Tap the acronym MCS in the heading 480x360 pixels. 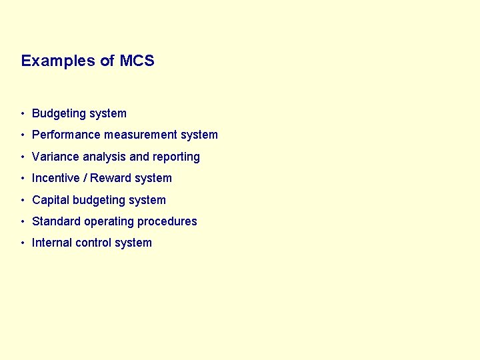[x=137, y=61]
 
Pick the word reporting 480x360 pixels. [x=177, y=157]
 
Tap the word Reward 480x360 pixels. [x=111, y=178]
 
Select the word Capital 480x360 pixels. [x=51, y=200]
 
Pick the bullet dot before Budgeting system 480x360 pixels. [x=23, y=114]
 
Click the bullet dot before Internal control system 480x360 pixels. [x=23, y=243]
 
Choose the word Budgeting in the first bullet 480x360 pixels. [x=59, y=114]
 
